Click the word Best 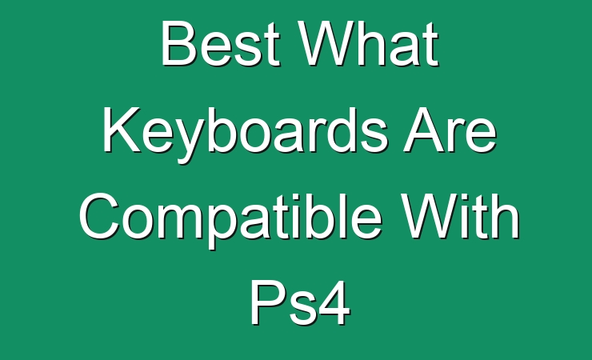pos(221,44)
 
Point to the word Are pos(450,130)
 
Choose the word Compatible pos(230,220)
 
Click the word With pos(460,216)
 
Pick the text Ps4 pos(301,303)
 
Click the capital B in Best pos(179,44)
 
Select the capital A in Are pos(424,130)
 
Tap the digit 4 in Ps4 pos(334,303)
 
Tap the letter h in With pos(506,216)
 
